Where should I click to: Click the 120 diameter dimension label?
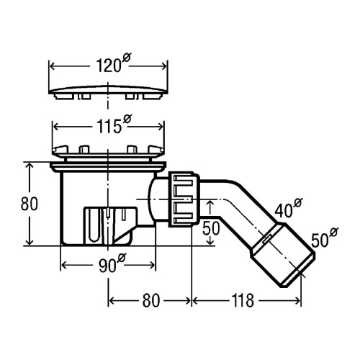(114, 64)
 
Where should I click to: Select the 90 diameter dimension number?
(112, 264)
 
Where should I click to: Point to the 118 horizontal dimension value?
(243, 300)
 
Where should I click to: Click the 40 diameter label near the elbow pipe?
(288, 208)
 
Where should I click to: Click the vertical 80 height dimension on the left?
(30, 204)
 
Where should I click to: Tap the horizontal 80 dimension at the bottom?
(151, 300)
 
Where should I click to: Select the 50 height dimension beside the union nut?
(211, 228)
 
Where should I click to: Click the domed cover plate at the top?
(108, 92)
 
